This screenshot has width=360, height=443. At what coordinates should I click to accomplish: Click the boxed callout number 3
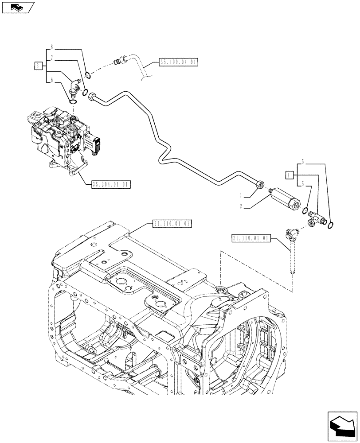(38, 66)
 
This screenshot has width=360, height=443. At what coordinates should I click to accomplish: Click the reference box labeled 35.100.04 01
(176, 62)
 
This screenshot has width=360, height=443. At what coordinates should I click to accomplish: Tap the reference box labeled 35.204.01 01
(111, 184)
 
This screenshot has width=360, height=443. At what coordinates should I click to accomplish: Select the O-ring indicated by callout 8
(89, 74)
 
